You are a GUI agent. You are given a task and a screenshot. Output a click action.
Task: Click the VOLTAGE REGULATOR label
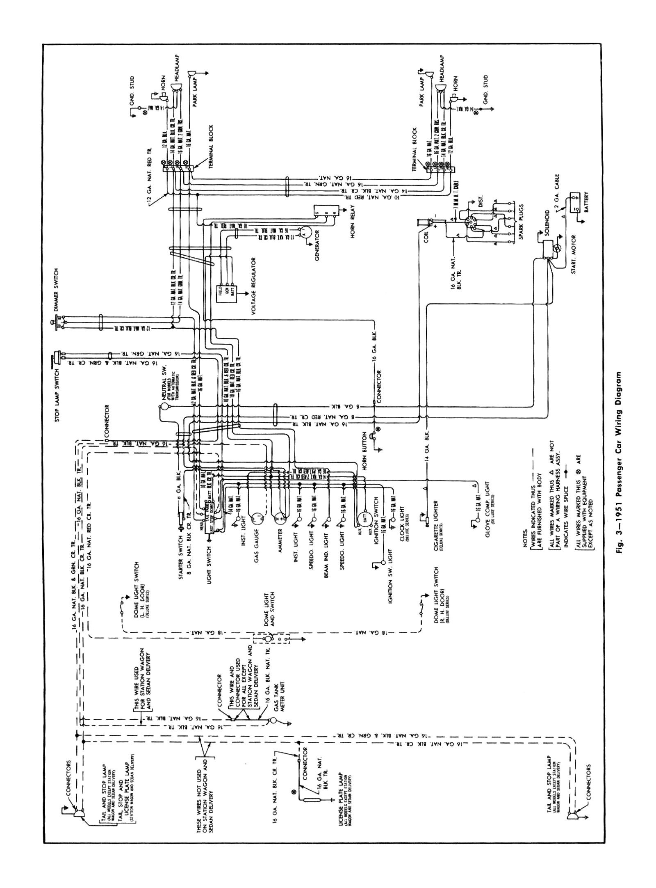click(x=254, y=280)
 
